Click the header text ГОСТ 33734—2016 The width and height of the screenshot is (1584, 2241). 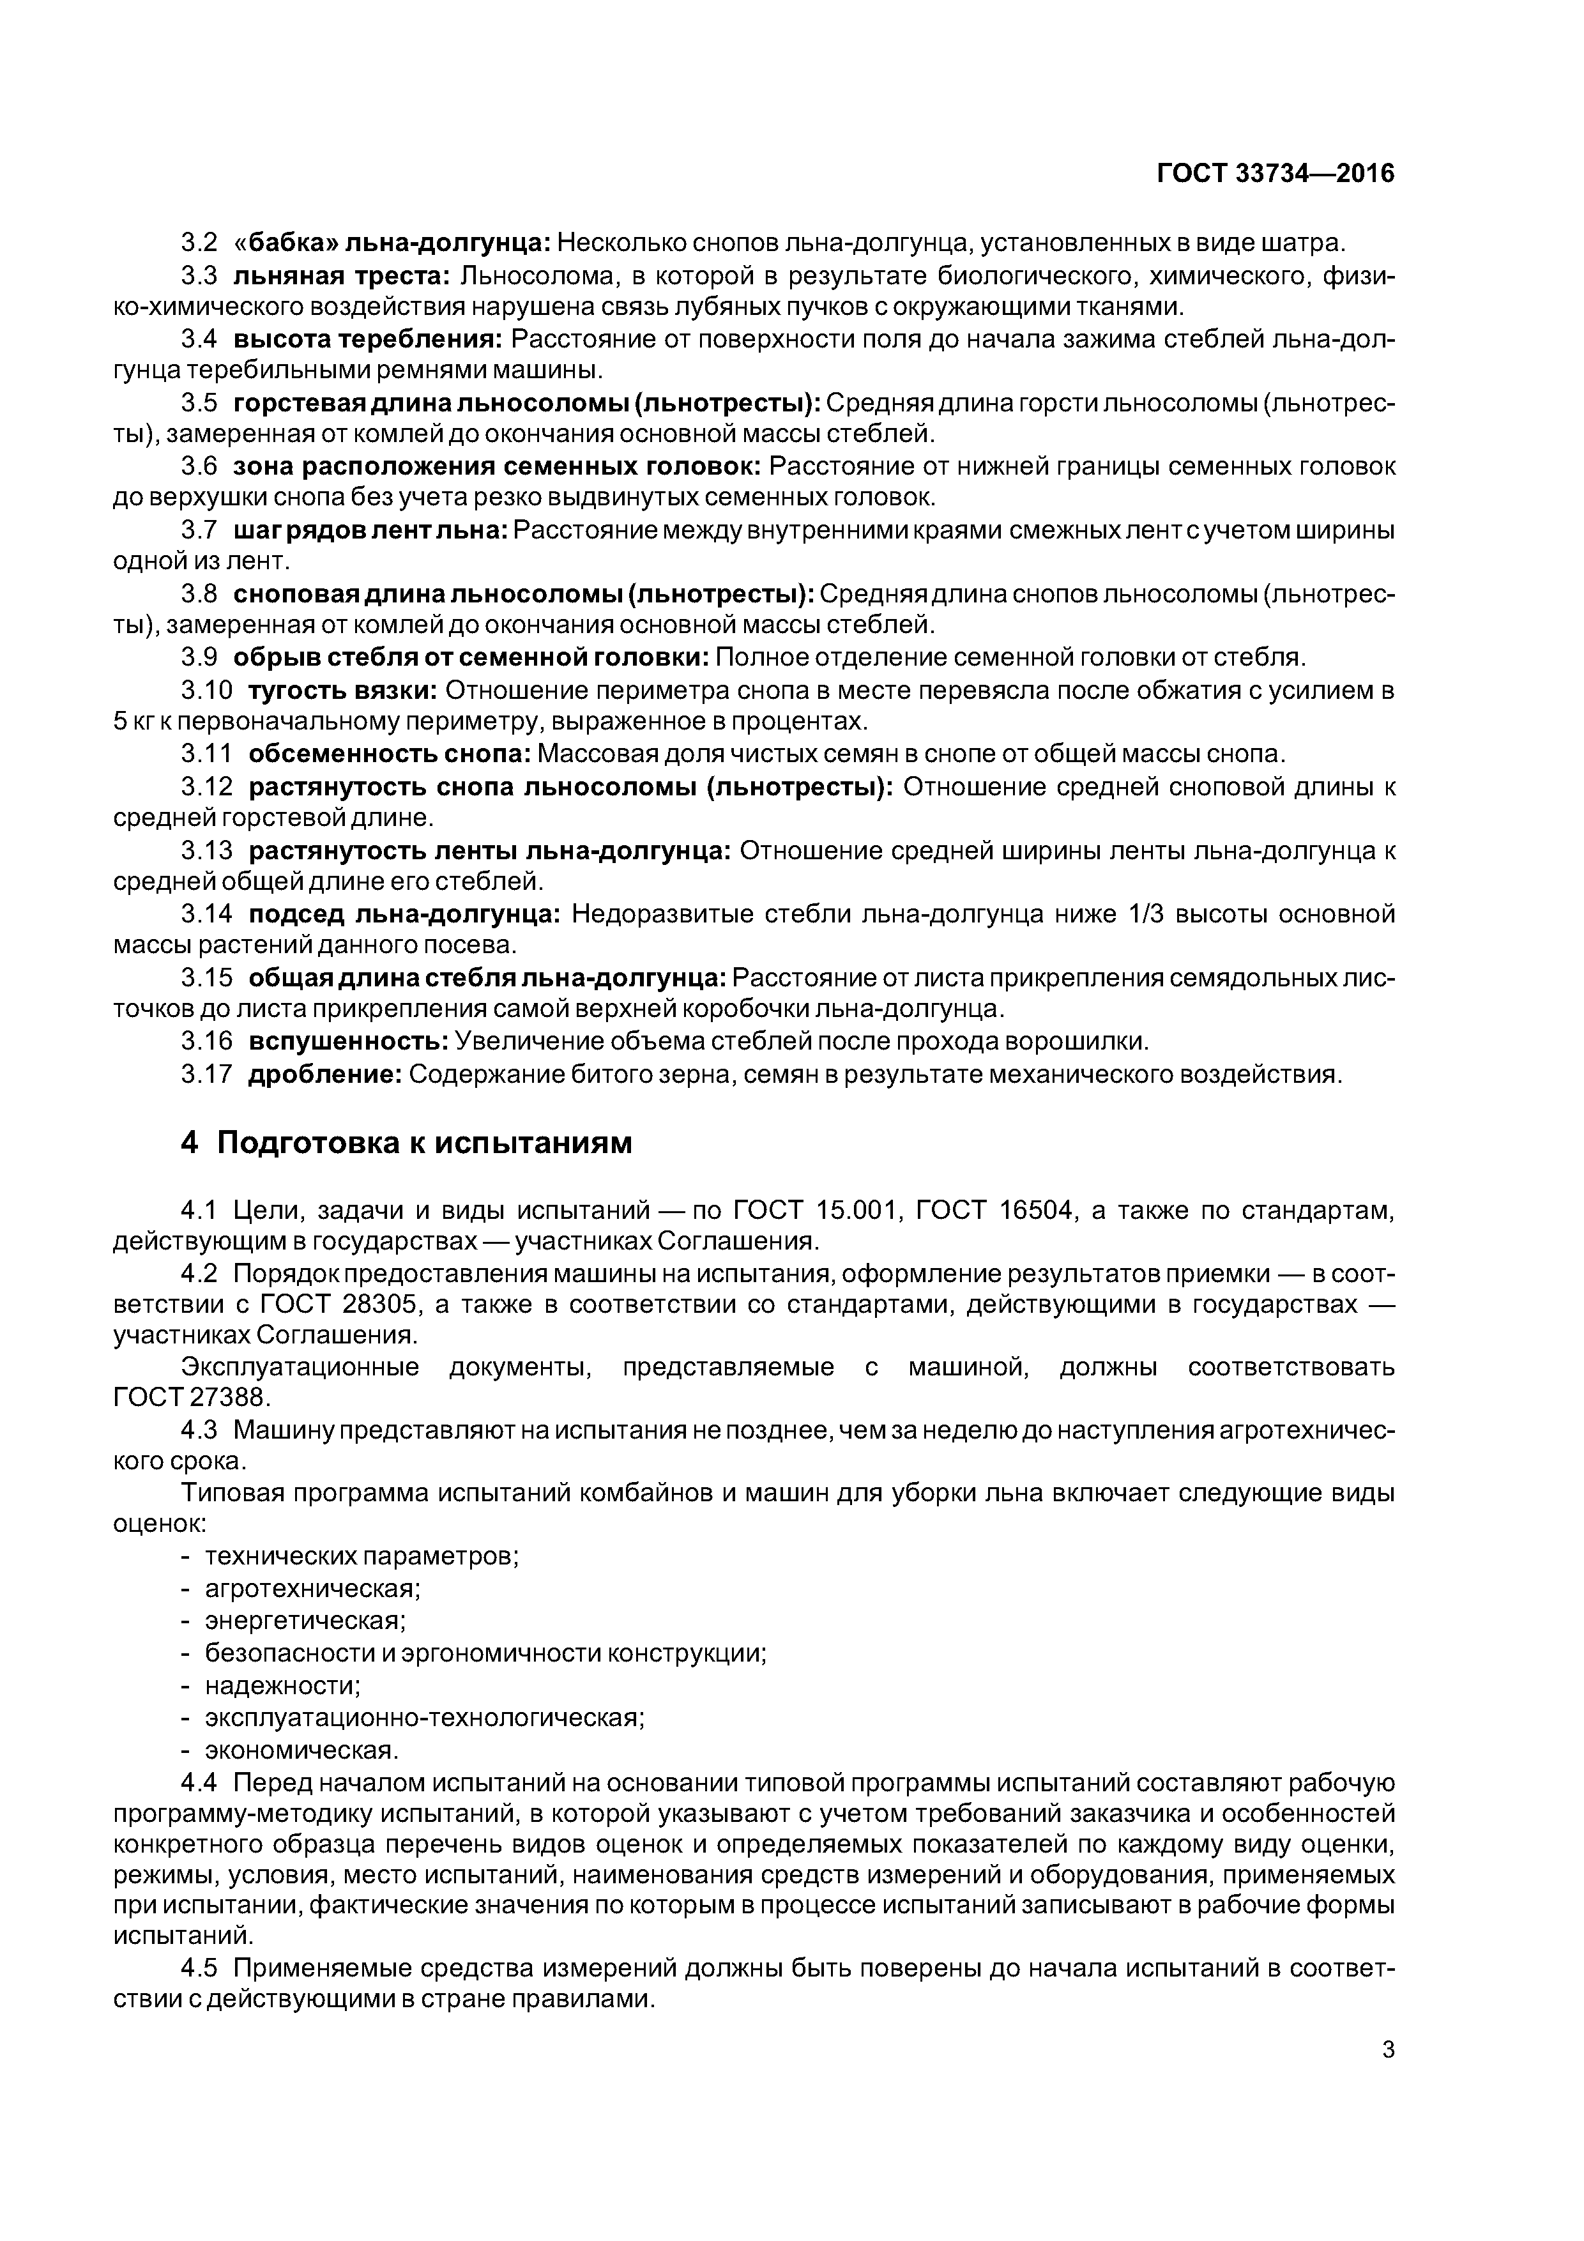coord(1275,174)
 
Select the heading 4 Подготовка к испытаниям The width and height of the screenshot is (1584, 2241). coord(406,1142)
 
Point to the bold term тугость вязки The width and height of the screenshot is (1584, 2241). coord(342,690)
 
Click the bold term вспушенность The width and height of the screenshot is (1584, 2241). coord(349,1041)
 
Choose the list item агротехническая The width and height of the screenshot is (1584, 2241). coord(312,1589)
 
